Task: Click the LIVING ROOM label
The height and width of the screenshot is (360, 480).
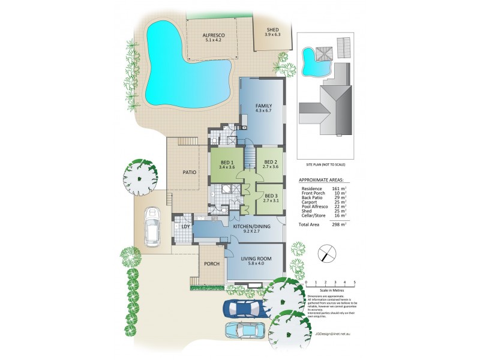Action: [256, 259]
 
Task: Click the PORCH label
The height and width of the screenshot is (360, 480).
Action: [211, 264]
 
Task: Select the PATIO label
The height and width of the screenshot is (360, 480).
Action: [190, 172]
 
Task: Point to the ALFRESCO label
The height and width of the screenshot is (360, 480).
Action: [214, 35]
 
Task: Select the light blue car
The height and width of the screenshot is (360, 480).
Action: [246, 331]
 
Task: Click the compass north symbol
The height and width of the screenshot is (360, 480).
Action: [326, 253]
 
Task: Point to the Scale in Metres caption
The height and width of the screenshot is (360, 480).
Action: [329, 291]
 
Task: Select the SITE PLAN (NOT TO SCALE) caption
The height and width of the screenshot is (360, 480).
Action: [326, 164]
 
